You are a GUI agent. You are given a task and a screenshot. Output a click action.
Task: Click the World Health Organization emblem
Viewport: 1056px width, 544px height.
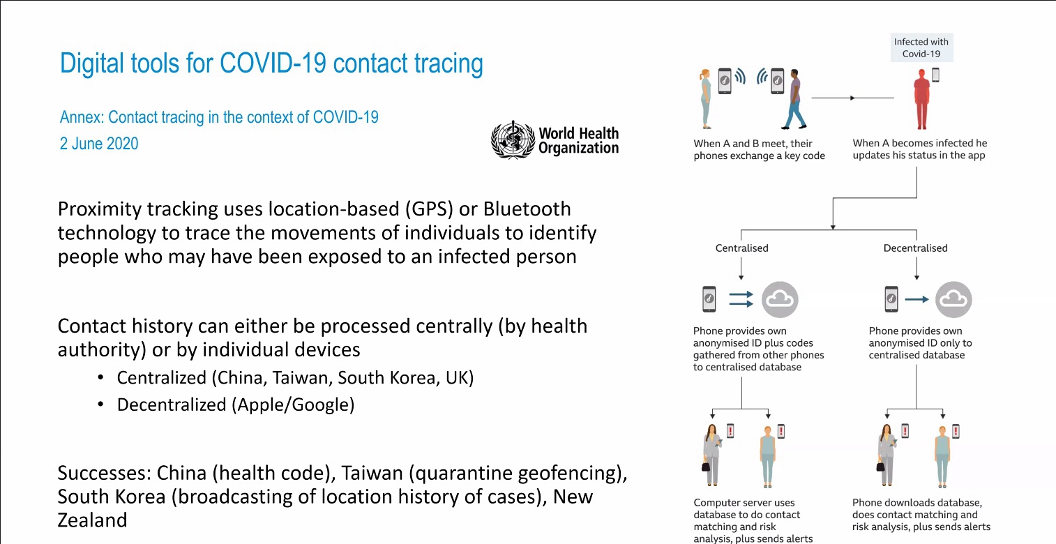click(513, 139)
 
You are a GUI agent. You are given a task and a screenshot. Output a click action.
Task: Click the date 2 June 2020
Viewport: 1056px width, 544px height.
click(99, 143)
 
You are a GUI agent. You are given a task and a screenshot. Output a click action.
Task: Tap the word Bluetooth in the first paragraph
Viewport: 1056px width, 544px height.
click(527, 209)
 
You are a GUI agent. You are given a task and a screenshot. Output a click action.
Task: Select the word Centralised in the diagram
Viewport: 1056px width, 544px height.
click(741, 248)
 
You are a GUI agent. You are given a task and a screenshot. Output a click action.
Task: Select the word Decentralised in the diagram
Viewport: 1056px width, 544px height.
click(915, 248)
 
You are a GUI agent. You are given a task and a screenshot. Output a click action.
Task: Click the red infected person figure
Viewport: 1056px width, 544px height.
click(921, 99)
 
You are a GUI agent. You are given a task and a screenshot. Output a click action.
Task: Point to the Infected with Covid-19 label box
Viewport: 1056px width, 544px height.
click(921, 47)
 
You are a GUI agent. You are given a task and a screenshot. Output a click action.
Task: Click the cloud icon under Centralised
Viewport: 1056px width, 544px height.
click(780, 299)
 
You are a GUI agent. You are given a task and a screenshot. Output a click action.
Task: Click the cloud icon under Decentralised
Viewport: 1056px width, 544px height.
click(953, 299)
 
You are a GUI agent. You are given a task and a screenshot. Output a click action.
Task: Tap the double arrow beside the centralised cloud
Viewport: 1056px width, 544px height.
click(741, 299)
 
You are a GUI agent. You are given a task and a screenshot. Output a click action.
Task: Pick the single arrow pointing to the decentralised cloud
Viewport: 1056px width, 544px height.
click(917, 299)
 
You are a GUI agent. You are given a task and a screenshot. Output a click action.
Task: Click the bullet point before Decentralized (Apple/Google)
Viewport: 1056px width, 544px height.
click(100, 405)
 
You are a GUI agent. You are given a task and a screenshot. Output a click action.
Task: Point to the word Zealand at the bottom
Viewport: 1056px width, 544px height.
click(92, 520)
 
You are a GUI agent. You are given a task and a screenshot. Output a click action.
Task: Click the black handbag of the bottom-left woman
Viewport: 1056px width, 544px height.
click(706, 465)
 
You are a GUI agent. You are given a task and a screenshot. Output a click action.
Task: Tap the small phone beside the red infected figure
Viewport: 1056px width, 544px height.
click(936, 75)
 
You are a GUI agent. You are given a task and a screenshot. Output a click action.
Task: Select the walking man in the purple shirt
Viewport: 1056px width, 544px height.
click(794, 99)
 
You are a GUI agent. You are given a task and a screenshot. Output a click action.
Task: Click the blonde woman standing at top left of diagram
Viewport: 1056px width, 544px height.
click(705, 99)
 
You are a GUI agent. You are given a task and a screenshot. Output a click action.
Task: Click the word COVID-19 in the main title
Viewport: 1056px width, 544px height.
click(273, 63)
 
